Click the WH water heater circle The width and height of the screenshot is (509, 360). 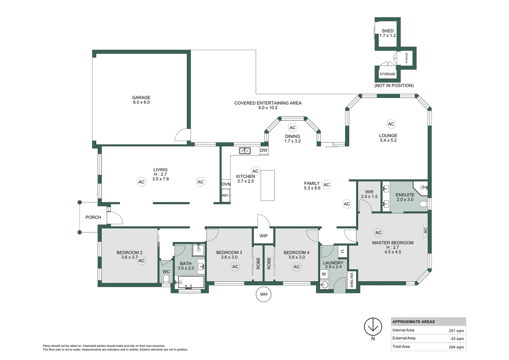point(263,294)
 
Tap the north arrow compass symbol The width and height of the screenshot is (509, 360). point(373,327)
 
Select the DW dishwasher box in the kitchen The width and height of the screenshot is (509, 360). point(263,150)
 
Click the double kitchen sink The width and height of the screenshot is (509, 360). point(245,151)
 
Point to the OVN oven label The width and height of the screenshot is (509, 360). point(226,184)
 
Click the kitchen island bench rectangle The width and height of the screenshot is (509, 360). point(267,185)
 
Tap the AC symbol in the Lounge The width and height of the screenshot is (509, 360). point(391,124)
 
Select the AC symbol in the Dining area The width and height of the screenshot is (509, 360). point(292,128)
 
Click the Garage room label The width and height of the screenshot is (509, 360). point(141,100)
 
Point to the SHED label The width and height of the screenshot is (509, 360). point(387,31)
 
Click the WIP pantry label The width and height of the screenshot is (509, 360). point(263,236)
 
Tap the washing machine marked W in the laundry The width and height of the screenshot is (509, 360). point(324,274)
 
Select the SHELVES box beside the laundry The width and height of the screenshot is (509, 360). point(352,280)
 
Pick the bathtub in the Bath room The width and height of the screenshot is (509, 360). point(191,282)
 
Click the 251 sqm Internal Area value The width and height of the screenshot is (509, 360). point(456,331)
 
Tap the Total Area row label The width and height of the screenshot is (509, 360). point(401,347)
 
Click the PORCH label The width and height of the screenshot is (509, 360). point(93,217)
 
